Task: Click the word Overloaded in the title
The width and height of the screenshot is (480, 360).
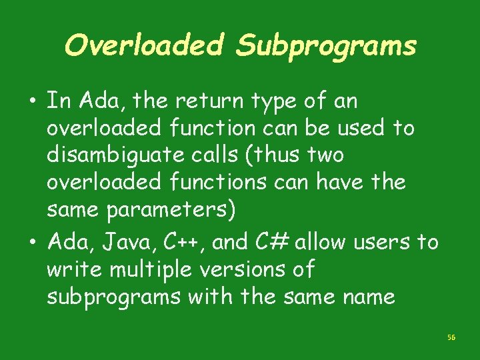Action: click(x=144, y=45)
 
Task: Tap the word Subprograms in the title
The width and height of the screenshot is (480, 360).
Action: click(x=326, y=45)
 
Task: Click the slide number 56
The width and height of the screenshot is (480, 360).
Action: click(x=451, y=338)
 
